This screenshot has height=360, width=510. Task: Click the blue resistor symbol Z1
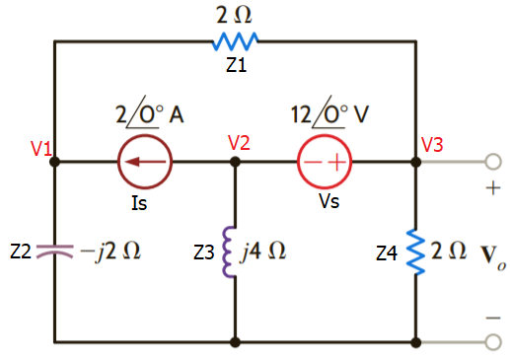tap(235, 41)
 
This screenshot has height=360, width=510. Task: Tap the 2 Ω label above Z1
tap(235, 15)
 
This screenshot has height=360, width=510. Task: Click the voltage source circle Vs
tap(326, 163)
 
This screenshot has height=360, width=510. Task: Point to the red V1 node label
tap(40, 149)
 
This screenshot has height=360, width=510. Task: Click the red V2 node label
tap(239, 143)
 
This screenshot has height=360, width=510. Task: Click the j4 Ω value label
tap(264, 252)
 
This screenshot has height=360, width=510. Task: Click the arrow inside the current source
tap(145, 163)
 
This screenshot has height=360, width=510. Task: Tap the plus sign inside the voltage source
tap(336, 163)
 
